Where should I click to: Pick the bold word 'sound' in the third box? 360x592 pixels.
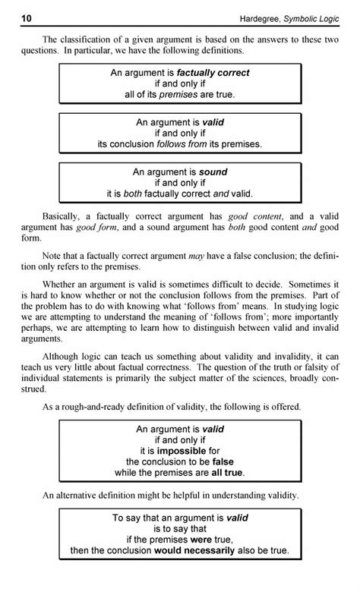click(213, 172)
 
